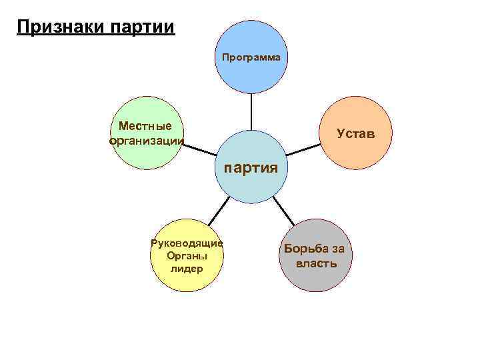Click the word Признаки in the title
click(x=57, y=27)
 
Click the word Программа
click(x=251, y=57)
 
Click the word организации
click(x=145, y=140)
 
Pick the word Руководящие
click(x=187, y=243)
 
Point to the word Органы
click(x=187, y=255)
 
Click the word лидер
click(x=187, y=269)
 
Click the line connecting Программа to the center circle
click(x=251, y=111)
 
